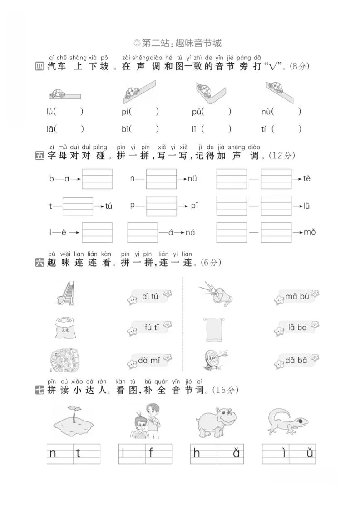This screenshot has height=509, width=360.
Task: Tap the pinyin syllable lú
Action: pos(50,112)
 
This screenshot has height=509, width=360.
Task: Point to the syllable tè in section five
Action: pos(307,179)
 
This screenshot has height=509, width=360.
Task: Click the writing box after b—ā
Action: pos(97,179)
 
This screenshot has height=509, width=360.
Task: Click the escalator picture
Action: pos(65,293)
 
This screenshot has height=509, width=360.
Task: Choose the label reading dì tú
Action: pos(150,297)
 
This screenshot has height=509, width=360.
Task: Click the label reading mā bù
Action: pos(297,297)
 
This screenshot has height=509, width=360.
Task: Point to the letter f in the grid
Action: pos(151,453)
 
